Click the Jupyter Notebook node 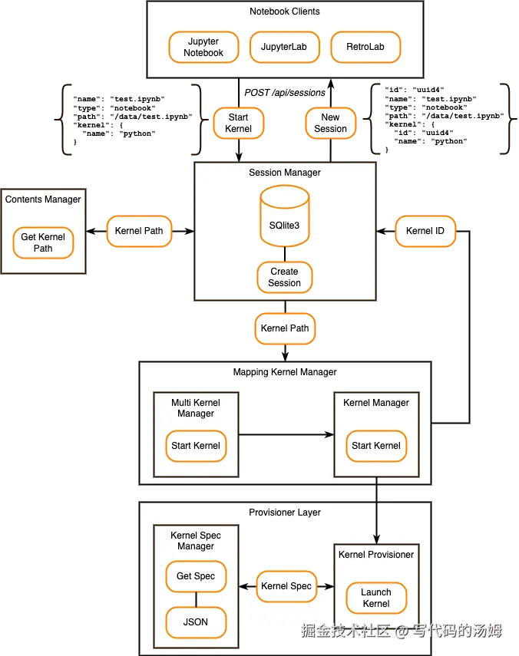point(203,47)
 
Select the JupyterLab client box point(284,47)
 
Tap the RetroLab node point(365,47)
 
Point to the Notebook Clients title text point(285,12)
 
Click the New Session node point(331,124)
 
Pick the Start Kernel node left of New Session point(238,124)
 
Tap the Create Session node point(285,277)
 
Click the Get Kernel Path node point(43,242)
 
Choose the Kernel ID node point(425,231)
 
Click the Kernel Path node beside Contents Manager point(139,231)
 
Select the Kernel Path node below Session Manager point(285,328)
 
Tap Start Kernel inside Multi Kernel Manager point(196,446)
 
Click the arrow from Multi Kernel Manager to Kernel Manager point(286,434)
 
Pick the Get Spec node point(196,576)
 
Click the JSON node point(196,621)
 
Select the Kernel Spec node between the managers point(286,586)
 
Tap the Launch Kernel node point(376,598)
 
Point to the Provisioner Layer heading point(285,513)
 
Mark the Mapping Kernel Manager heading point(285,372)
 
